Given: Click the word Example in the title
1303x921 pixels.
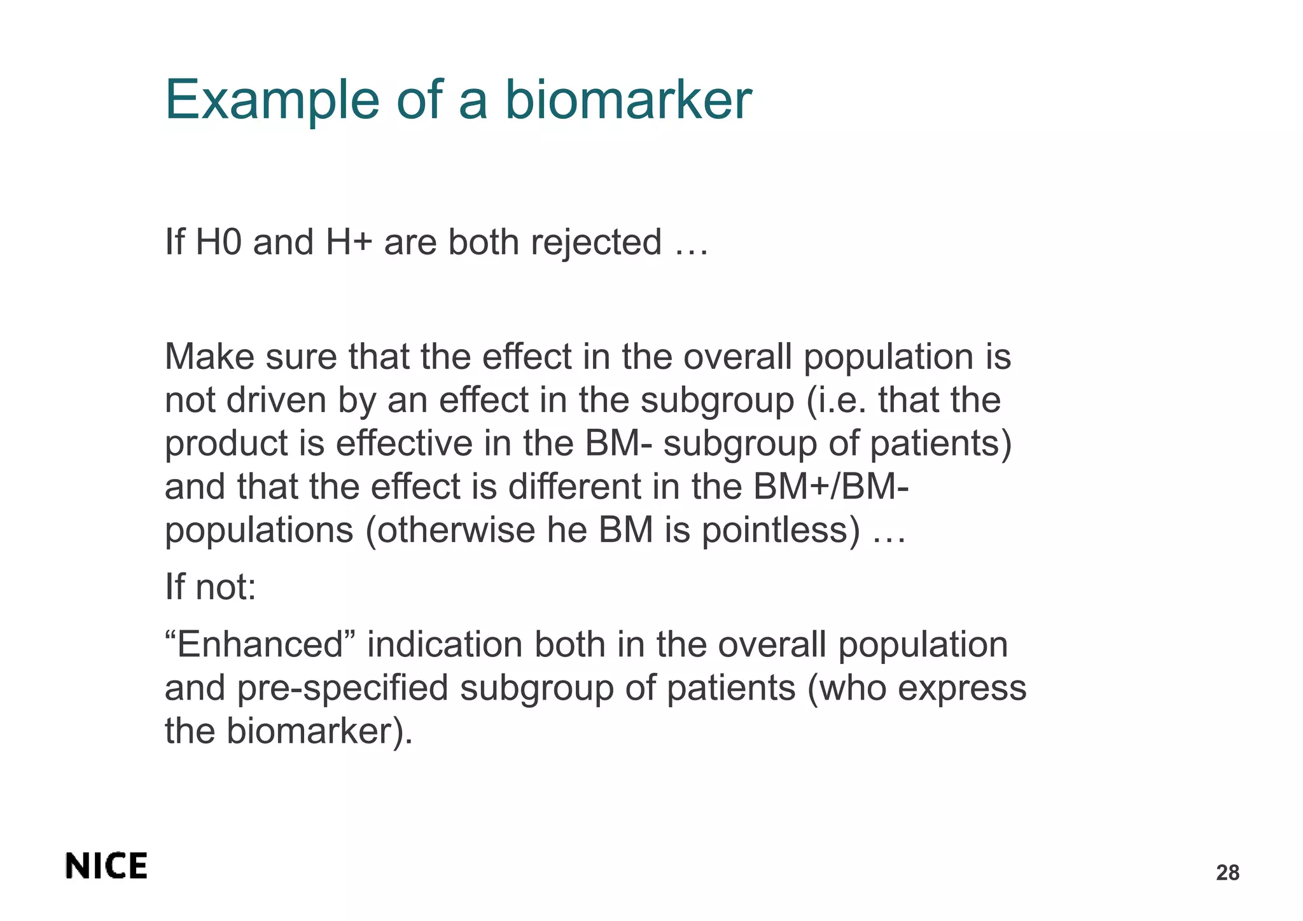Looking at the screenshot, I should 272,100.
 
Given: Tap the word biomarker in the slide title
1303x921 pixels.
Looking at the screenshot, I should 628,100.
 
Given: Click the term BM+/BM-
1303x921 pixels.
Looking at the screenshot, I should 830,487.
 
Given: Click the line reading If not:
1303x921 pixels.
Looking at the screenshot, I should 211,586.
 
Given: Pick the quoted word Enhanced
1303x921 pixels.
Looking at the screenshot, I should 259,644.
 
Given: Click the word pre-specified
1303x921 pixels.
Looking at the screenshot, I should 343,688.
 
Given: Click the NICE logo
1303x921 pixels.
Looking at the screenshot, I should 106,866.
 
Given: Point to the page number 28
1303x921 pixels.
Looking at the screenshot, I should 1227,873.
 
